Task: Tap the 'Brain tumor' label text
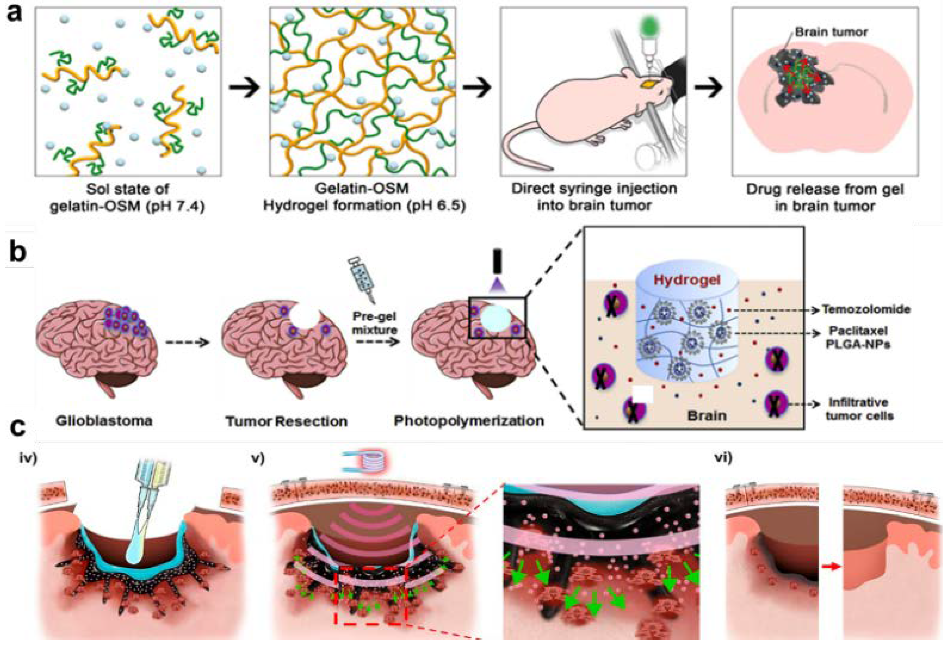pyautogui.click(x=831, y=32)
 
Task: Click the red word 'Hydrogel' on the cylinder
pyautogui.click(x=687, y=280)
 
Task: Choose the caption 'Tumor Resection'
pyautogui.click(x=287, y=421)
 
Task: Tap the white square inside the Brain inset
pyautogui.click(x=643, y=394)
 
